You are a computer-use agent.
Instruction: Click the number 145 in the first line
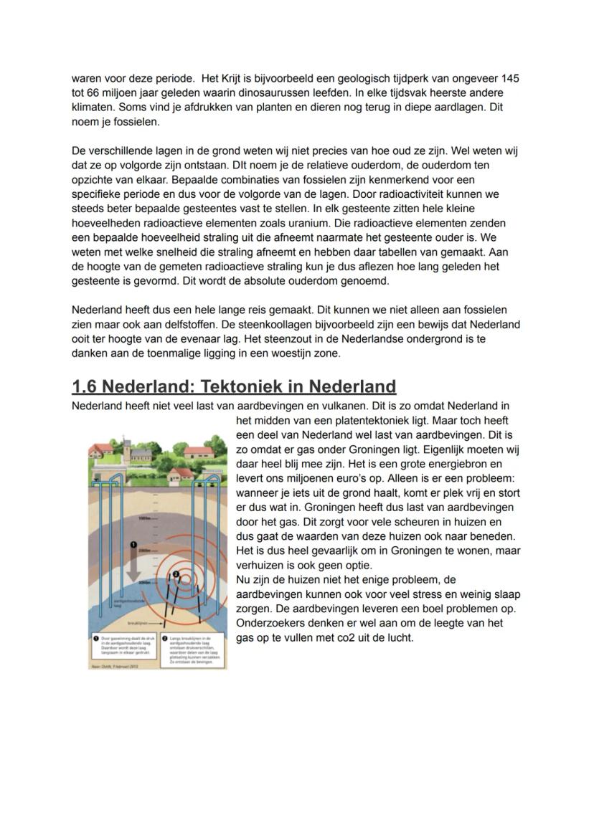511,78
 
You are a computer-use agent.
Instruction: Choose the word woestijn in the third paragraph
283,354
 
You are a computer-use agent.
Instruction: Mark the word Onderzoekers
269,623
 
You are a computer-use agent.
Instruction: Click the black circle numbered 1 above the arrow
132,546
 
